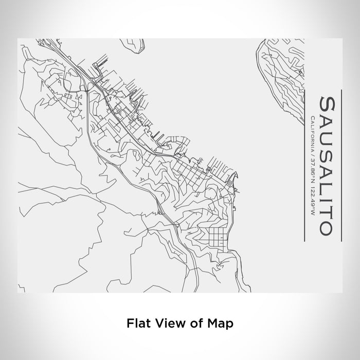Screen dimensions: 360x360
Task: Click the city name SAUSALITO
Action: point(327,165)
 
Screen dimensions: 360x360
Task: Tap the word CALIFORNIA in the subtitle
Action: point(312,134)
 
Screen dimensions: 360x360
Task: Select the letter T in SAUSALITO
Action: point(327,210)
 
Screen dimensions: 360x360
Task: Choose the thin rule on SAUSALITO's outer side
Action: point(340,165)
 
